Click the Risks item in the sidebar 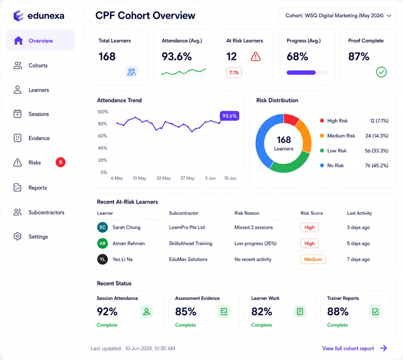click(35, 162)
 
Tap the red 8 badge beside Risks click(60, 162)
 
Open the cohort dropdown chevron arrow click(389, 16)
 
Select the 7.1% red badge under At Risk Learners click(234, 73)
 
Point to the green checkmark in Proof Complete click(381, 72)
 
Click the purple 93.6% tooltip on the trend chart click(229, 116)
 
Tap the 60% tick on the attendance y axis click(102, 136)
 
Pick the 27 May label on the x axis click(187, 178)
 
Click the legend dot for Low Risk click(322, 151)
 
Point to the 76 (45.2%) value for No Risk click(377, 166)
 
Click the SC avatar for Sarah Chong click(102, 227)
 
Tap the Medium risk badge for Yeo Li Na click(313, 259)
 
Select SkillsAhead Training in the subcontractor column click(190, 243)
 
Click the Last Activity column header click(359, 213)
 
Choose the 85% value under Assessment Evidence click(186, 311)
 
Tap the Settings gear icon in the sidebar click(17, 236)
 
